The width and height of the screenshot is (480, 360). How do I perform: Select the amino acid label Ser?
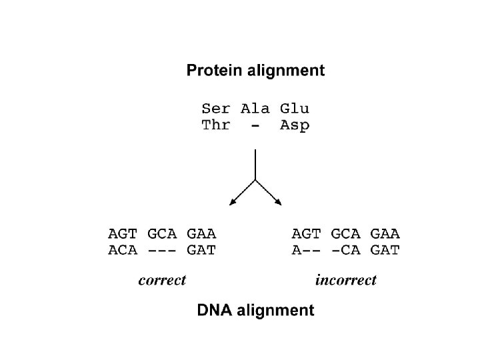(x=217, y=108)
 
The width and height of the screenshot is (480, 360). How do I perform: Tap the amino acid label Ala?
(x=255, y=108)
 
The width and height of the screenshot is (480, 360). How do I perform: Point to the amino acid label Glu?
(x=294, y=108)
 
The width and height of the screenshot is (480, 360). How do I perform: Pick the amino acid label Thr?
(x=217, y=125)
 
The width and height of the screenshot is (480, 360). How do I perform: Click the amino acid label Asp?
(x=294, y=126)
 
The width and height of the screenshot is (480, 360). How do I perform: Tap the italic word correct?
(x=162, y=280)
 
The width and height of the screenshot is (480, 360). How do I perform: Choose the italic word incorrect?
(x=346, y=280)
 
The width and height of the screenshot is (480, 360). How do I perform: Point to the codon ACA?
(x=123, y=251)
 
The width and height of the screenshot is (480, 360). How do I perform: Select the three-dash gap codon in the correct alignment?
(x=162, y=251)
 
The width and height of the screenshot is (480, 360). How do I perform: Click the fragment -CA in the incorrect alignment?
(x=346, y=251)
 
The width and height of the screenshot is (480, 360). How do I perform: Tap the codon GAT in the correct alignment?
(x=201, y=251)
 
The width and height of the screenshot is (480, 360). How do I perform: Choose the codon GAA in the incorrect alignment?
(x=385, y=234)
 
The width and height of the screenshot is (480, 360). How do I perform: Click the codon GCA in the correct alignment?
(x=162, y=234)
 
